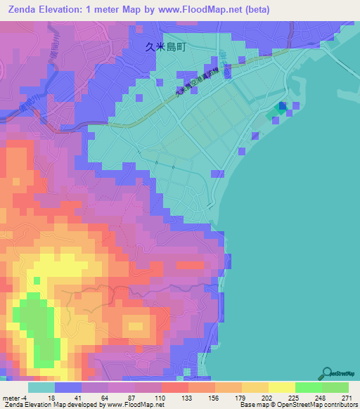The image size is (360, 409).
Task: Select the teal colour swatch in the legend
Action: (x=41, y=387)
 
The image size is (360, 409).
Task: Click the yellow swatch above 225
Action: (x=281, y=387)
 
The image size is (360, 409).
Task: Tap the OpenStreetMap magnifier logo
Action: (x=328, y=373)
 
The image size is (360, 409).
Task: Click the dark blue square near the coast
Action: (x=283, y=106)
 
